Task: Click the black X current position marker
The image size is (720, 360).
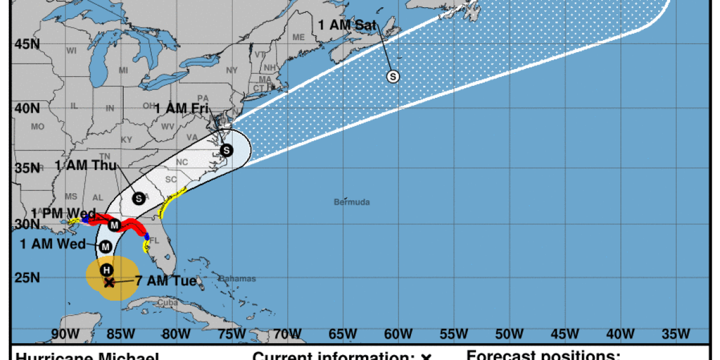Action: (x=109, y=282)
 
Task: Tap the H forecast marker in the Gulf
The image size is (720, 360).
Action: (x=106, y=269)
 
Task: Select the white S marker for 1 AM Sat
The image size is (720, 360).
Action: (x=393, y=76)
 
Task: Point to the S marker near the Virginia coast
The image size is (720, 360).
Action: (x=226, y=150)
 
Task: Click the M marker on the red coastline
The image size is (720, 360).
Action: (x=115, y=225)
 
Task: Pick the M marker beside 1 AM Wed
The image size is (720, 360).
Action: (x=106, y=246)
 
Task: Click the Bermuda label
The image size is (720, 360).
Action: (x=352, y=202)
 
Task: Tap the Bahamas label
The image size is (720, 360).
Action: (x=237, y=278)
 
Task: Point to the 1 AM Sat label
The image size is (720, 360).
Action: (x=347, y=25)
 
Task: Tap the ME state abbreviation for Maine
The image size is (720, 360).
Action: (x=298, y=37)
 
